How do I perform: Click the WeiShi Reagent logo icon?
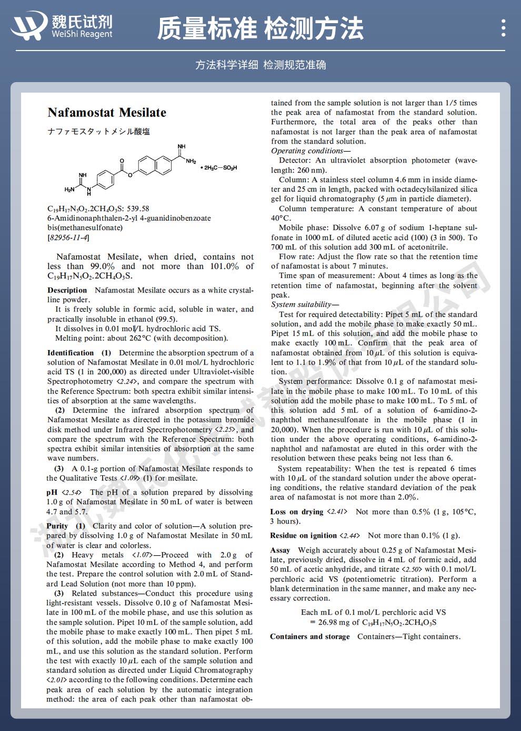click(x=29, y=26)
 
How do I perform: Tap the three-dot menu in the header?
click(x=504, y=27)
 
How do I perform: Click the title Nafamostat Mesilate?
click(x=107, y=112)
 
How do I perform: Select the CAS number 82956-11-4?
click(x=68, y=237)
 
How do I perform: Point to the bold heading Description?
click(x=67, y=290)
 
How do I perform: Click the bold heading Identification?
click(x=71, y=353)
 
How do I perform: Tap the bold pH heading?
click(x=52, y=492)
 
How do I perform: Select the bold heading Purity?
click(x=57, y=526)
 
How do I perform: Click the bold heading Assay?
click(x=280, y=550)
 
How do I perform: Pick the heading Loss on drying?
click(x=296, y=512)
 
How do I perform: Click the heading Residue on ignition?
click(x=303, y=535)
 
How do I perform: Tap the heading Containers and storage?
click(x=309, y=636)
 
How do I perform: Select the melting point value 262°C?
click(x=138, y=338)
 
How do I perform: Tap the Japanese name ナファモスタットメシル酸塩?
click(x=98, y=132)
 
